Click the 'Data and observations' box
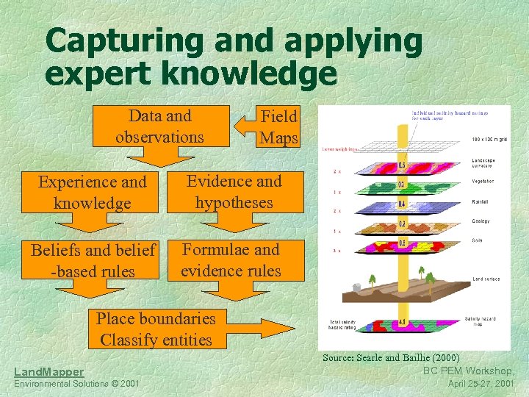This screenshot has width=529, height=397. [159, 126]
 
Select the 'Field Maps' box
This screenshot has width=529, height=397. [279, 126]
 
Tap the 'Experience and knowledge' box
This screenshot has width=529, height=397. [92, 192]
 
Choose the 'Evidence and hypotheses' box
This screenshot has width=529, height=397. [234, 191]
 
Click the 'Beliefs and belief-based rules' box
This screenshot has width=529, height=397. [93, 260]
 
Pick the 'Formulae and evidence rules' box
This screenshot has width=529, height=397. [231, 260]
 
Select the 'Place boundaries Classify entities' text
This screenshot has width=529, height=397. [156, 329]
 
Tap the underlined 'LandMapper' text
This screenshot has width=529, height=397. [48, 373]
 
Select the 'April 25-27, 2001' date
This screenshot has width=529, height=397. [481, 384]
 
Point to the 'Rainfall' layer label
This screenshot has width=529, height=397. [481, 201]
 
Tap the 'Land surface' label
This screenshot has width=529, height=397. [486, 279]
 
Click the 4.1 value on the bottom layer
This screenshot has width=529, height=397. [402, 322]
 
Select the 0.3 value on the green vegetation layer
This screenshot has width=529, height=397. [402, 184]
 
